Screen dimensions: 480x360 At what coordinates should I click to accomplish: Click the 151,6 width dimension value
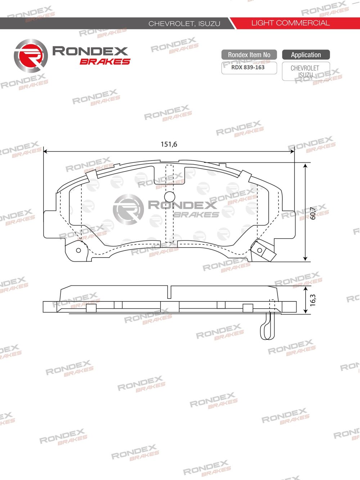(x=169, y=144)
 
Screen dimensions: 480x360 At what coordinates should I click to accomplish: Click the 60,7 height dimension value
(x=313, y=213)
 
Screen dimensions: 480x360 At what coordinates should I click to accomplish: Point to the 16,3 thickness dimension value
(x=312, y=300)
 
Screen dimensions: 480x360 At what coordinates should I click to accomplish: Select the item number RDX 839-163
(x=248, y=67)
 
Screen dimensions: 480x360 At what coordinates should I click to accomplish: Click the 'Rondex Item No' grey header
(x=249, y=55)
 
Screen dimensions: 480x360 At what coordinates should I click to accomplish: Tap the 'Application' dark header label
(x=306, y=55)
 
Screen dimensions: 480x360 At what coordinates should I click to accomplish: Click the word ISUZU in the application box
(x=305, y=75)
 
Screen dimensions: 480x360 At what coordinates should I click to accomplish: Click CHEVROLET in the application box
(x=305, y=68)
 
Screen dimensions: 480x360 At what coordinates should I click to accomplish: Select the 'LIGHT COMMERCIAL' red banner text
(x=290, y=23)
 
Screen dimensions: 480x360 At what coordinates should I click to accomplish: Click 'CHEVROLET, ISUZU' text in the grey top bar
(x=184, y=24)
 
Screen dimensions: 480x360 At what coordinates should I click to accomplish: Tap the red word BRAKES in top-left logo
(x=105, y=62)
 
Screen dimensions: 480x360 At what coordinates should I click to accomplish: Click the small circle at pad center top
(x=169, y=196)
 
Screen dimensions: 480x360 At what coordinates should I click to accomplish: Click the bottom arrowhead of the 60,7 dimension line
(x=305, y=258)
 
